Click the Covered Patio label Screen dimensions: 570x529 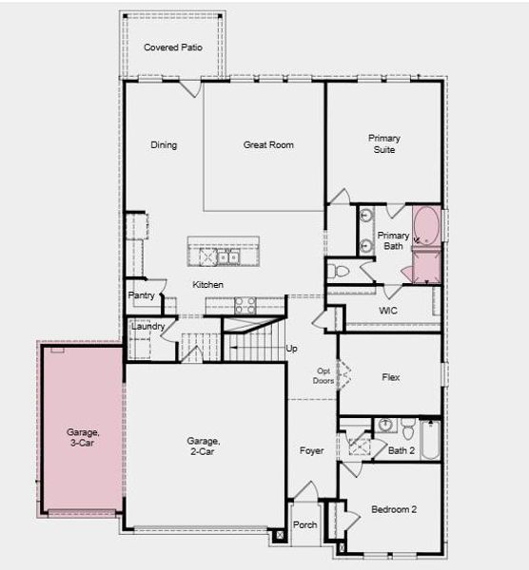[172, 47]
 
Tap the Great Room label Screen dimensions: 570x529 [268, 145]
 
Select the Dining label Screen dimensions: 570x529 [164, 145]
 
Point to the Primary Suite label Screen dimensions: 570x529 [384, 144]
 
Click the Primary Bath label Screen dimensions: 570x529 [393, 240]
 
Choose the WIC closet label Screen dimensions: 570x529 [387, 310]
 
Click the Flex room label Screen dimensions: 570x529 [390, 377]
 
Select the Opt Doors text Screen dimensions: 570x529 [323, 377]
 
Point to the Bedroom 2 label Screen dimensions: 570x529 [394, 510]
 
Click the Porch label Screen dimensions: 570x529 [305, 524]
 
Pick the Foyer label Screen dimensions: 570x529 [312, 450]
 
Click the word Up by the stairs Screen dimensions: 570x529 [292, 349]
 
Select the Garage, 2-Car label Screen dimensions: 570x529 [204, 446]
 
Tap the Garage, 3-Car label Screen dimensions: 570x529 [83, 438]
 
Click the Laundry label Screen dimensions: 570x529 [148, 327]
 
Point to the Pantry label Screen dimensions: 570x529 [142, 295]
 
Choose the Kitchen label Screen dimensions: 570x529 [208, 285]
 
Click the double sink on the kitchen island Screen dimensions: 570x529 [228, 256]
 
